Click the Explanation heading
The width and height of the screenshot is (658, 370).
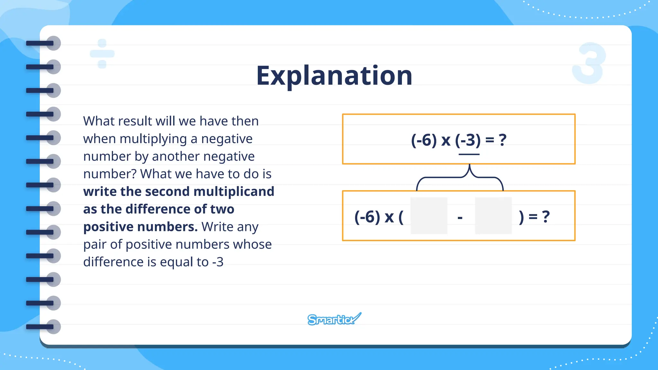[334, 76]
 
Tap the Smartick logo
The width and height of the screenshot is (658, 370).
[334, 319]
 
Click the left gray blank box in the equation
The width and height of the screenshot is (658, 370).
[429, 216]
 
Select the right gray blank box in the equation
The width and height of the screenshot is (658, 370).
[493, 216]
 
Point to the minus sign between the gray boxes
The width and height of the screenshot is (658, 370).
[460, 218]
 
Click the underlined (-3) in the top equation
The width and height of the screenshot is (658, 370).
[468, 140]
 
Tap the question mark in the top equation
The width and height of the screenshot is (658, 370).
[502, 140]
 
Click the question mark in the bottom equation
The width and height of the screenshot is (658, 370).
[546, 217]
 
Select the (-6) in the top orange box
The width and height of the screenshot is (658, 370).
[424, 140]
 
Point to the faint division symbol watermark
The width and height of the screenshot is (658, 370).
[102, 54]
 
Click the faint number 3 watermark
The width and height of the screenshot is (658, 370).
[589, 63]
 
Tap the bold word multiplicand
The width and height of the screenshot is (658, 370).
[234, 191]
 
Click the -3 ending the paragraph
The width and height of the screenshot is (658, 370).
[218, 262]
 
